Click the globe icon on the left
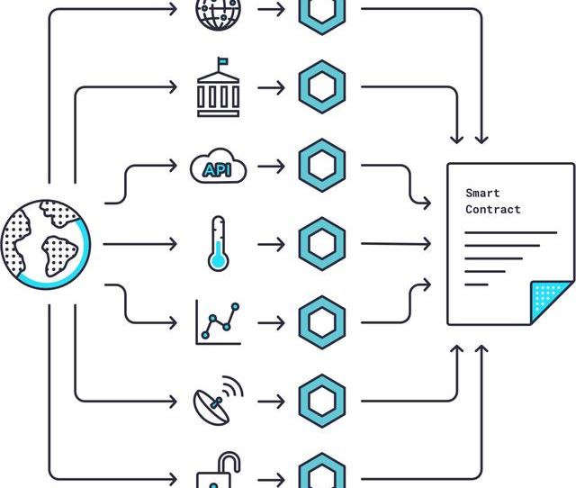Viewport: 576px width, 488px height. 45,244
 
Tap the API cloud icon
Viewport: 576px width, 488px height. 218,167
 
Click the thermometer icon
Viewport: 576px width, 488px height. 217,243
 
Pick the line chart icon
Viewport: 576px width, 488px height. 219,321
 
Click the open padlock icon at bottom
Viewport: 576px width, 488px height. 220,473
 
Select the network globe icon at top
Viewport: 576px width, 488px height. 218,12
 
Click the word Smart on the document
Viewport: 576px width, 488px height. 482,193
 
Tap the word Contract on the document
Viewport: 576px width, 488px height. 493,209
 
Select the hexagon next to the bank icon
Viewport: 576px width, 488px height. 321,87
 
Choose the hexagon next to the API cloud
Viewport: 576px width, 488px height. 321,166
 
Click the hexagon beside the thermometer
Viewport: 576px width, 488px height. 321,244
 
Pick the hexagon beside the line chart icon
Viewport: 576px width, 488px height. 321,321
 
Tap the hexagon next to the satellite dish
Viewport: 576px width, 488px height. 321,400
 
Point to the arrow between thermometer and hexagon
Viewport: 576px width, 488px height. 270,244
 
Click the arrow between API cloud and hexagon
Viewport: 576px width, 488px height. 270,166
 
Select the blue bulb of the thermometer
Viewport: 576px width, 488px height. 217,262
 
